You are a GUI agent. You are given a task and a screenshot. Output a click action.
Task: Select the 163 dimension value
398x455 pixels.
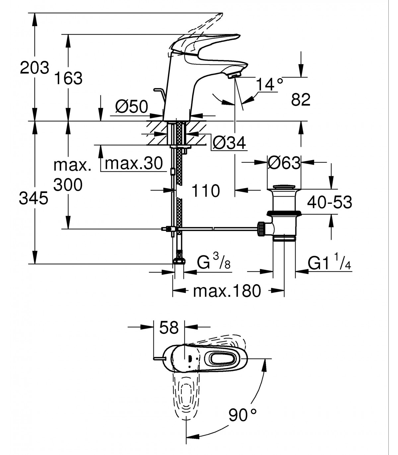(68, 78)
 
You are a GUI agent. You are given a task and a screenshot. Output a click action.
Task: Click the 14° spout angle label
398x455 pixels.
(270, 84)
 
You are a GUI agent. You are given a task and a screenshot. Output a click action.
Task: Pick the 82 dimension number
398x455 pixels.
(300, 99)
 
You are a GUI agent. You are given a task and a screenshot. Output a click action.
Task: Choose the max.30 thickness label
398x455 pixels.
(134, 163)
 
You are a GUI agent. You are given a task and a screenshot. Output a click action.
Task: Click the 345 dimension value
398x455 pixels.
(33, 198)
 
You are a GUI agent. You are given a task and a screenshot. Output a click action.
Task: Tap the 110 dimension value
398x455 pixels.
(206, 191)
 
